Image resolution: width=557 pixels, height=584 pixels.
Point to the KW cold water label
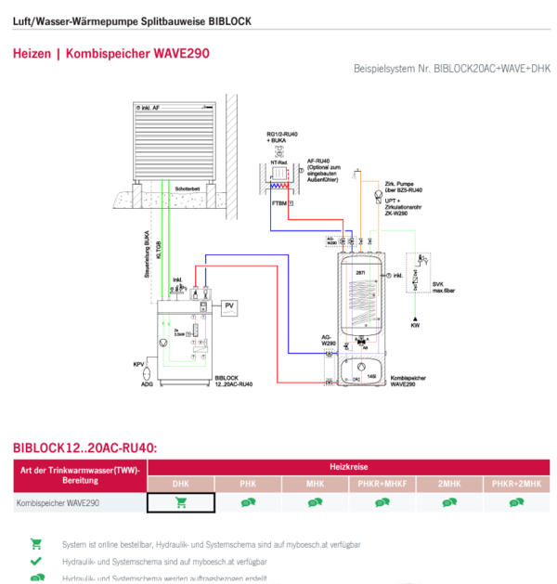(415, 326)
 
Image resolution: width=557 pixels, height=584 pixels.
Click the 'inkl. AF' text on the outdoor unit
(156, 109)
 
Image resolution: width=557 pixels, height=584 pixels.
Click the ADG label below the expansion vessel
(147, 383)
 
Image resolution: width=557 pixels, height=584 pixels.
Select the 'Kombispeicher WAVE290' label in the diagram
(408, 382)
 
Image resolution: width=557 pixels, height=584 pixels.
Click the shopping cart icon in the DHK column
(181, 502)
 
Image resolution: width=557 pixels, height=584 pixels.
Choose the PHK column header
(248, 484)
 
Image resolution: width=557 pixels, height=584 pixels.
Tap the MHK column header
(315, 484)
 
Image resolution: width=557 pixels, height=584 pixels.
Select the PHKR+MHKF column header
(382, 484)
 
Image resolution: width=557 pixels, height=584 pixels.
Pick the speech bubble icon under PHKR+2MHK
(515, 502)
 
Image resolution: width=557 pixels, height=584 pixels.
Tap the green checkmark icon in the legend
(36, 562)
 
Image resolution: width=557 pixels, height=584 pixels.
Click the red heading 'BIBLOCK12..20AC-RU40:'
(85, 448)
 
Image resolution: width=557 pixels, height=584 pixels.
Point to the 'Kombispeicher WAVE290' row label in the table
(58, 502)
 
